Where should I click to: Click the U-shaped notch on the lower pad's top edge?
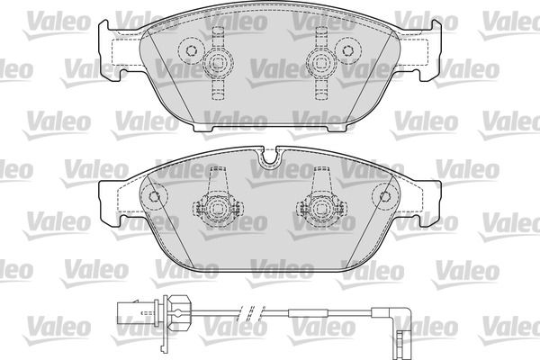point(270,157)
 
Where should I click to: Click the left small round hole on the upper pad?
point(191,51)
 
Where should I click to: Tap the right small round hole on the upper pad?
point(347,51)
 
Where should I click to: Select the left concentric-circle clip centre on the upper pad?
point(217,63)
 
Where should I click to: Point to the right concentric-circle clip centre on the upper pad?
point(321,63)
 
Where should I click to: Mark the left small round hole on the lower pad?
point(154,196)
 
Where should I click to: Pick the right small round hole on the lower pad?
point(385,196)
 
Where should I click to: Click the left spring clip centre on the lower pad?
point(216,208)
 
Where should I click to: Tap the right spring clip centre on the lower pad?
point(321,208)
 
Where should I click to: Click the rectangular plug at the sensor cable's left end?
point(128,313)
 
